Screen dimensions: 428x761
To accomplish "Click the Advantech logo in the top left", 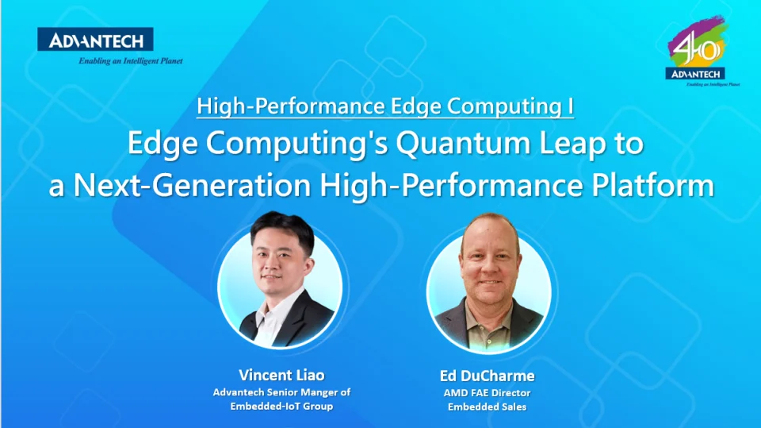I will [95, 40].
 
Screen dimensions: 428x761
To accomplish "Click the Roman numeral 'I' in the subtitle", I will [571, 107].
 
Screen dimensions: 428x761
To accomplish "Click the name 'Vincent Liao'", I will [281, 375].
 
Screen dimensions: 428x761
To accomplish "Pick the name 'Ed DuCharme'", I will [487, 376].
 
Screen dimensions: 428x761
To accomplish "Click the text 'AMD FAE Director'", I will [488, 392].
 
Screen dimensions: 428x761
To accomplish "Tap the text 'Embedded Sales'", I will [488, 407].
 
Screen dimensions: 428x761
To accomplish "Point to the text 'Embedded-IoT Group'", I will [281, 407].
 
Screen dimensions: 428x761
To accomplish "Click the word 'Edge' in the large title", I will [161, 145].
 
